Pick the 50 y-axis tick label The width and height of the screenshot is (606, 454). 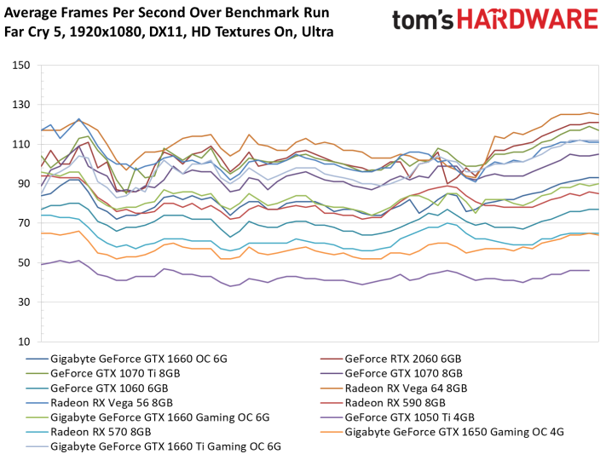(x=23, y=262)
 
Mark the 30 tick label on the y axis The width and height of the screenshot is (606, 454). (x=23, y=302)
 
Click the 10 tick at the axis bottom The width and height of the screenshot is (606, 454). (x=23, y=342)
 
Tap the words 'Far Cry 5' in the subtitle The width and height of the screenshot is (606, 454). (x=34, y=32)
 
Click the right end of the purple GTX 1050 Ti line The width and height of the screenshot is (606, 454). (x=589, y=270)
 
